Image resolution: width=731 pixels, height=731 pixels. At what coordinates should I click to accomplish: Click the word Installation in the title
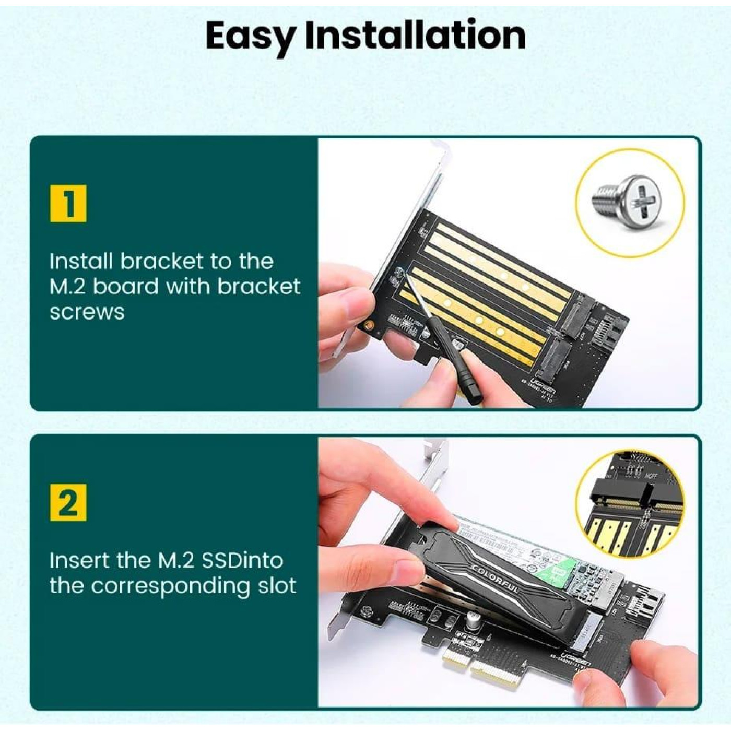click(x=415, y=36)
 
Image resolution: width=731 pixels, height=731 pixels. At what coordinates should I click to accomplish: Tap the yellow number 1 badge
click(x=68, y=203)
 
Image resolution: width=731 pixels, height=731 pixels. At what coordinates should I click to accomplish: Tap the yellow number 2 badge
click(x=68, y=502)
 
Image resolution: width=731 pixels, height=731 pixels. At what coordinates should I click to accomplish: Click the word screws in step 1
click(x=87, y=312)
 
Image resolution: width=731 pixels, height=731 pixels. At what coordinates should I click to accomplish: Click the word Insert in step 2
click(x=79, y=560)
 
